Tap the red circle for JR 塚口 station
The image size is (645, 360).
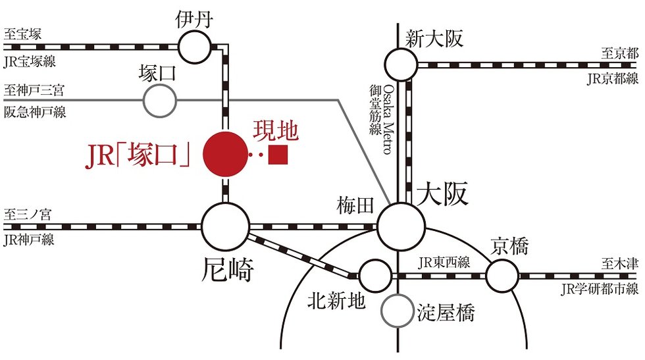click(224, 155)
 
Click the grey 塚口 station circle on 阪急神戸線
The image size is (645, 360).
click(160, 101)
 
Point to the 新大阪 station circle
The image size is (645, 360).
click(401, 64)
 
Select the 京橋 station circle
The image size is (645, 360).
click(502, 275)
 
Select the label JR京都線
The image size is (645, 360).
click(613, 80)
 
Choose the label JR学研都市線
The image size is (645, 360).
click(600, 288)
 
